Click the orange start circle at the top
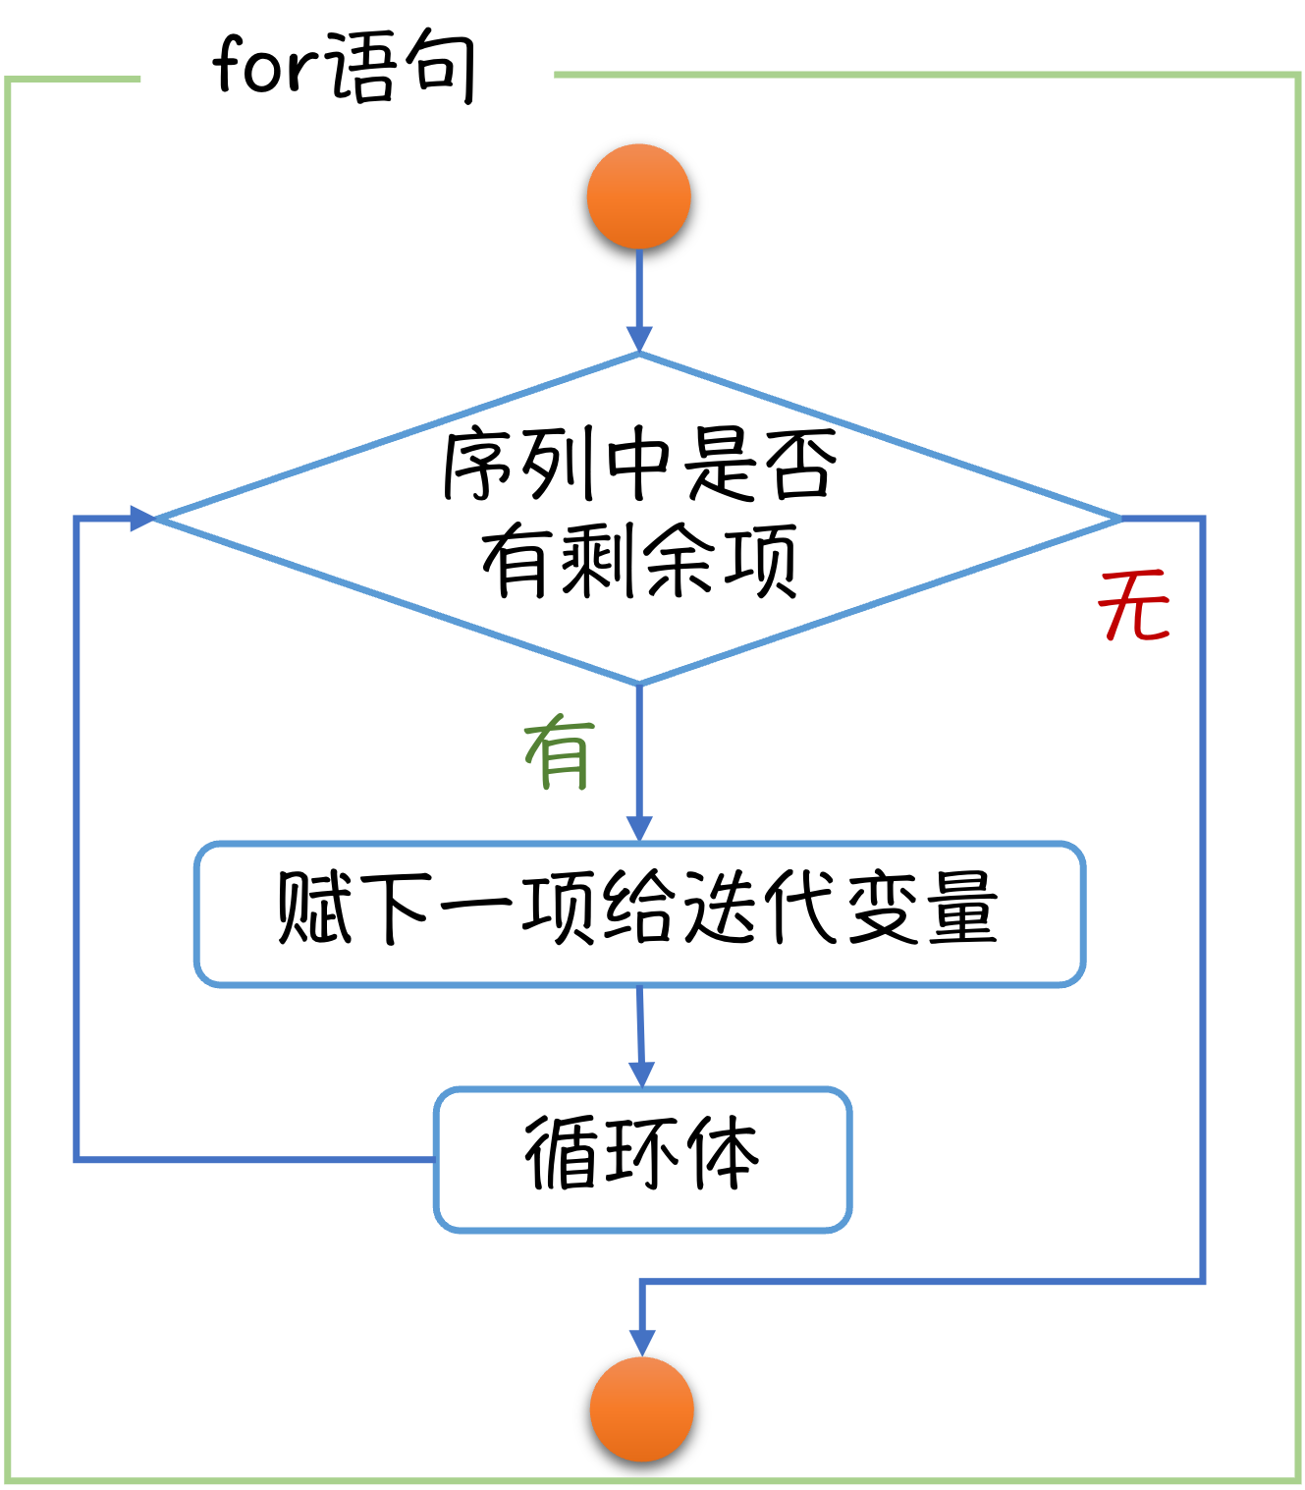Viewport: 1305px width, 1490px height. [639, 196]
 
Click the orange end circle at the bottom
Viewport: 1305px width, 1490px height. [642, 1409]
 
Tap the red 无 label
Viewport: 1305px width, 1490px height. [1135, 607]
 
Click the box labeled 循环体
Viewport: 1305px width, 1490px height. [643, 1159]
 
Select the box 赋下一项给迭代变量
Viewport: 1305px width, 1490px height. [639, 913]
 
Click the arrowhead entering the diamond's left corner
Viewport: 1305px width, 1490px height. [143, 518]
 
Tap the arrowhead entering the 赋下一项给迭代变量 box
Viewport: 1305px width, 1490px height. [639, 828]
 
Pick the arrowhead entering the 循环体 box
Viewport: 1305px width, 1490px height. [642, 1074]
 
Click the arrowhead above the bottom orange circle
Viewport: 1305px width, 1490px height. [642, 1343]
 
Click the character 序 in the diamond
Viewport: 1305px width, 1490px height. [480, 464]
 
